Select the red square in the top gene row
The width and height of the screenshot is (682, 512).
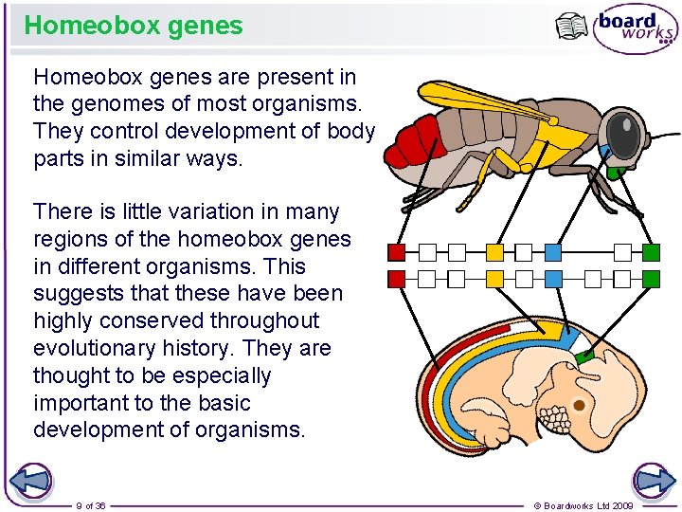click(x=397, y=252)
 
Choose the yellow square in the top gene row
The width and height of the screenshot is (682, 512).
click(x=494, y=252)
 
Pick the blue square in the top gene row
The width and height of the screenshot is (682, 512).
click(x=553, y=252)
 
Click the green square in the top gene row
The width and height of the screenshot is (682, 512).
click(x=651, y=252)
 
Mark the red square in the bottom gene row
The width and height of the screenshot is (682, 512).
click(x=397, y=279)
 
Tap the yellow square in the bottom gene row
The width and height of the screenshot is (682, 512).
click(x=494, y=279)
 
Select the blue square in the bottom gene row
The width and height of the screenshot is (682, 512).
click(x=553, y=279)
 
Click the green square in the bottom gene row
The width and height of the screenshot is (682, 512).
click(x=651, y=279)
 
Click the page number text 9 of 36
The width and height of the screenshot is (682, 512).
click(x=91, y=505)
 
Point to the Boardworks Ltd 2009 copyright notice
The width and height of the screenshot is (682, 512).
click(x=583, y=505)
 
